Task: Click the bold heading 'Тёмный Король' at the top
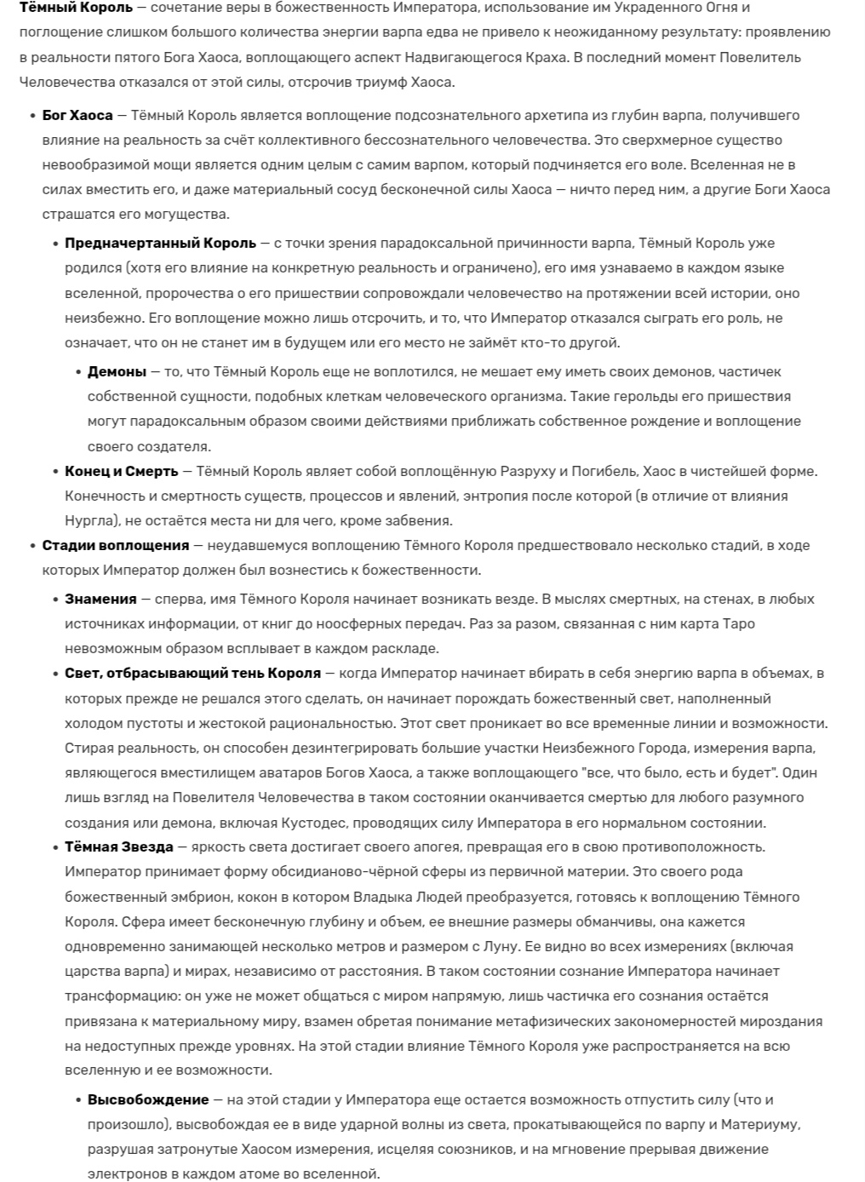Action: pyautogui.click(x=77, y=8)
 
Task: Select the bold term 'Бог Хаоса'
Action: pyautogui.click(x=77, y=115)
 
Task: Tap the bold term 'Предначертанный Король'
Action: pyautogui.click(x=160, y=243)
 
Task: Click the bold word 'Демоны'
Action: pyautogui.click(x=117, y=371)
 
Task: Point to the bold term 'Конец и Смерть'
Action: pyautogui.click(x=122, y=471)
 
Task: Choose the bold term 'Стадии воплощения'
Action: pyautogui.click(x=116, y=545)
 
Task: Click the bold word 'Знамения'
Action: pyautogui.click(x=100, y=599)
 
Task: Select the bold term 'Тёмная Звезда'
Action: pyautogui.click(x=118, y=846)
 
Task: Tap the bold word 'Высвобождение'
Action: pyautogui.click(x=148, y=1099)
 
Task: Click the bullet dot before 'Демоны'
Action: pyautogui.click(x=78, y=372)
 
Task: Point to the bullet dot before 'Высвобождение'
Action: pyautogui.click(x=78, y=1100)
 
